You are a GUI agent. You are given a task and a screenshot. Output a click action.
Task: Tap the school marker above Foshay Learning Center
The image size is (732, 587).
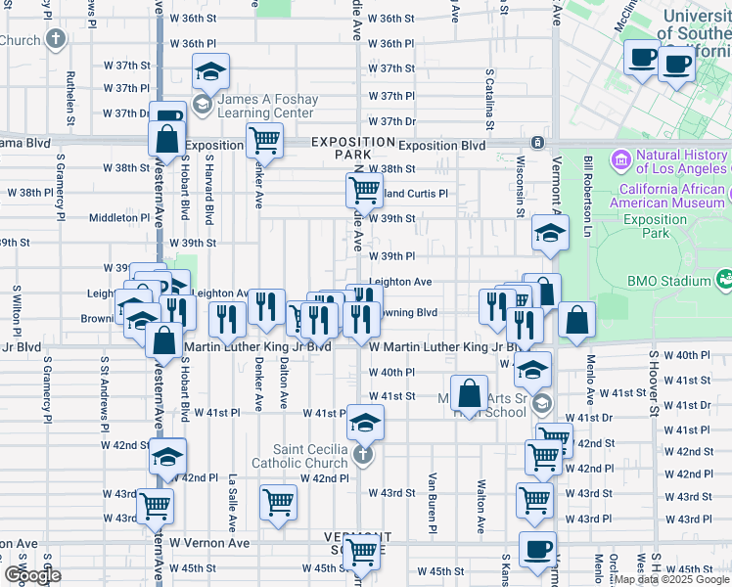point(210,71)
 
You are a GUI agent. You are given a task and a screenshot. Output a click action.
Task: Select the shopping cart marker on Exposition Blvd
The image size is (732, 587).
point(264,140)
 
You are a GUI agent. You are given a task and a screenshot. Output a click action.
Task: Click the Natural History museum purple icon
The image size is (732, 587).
point(619,158)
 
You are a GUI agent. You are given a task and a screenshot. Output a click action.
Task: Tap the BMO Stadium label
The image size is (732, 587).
point(669,282)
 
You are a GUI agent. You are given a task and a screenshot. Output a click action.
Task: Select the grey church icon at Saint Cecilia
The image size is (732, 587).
point(363,454)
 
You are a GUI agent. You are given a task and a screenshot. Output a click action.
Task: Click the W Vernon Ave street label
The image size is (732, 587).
point(209,542)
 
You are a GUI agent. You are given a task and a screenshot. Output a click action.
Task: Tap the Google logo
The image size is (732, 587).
point(31,575)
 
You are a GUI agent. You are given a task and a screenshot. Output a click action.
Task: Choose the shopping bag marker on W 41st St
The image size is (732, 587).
point(470,394)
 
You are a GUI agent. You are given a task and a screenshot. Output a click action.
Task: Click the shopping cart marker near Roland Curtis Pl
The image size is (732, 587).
point(364,189)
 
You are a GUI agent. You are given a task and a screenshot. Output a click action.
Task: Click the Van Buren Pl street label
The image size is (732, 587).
point(432,504)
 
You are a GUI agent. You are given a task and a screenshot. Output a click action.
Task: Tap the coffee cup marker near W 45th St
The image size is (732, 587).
point(536,550)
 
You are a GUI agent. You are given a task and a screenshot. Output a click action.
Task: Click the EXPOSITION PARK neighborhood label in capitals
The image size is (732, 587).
point(341,149)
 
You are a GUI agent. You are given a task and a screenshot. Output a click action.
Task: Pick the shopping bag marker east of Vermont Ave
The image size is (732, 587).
point(577,320)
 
